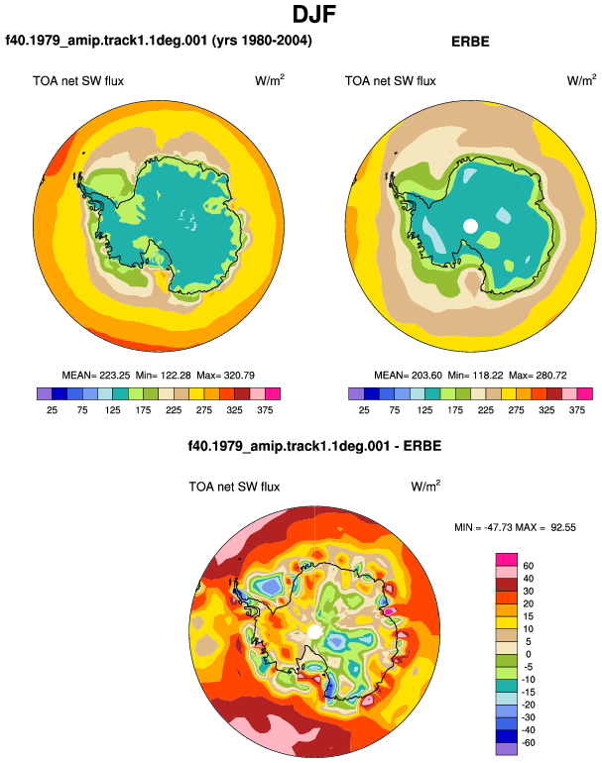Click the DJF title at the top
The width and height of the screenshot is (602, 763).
[314, 15]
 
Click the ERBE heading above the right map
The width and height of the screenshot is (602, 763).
[470, 42]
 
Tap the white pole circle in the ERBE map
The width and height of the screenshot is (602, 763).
[470, 226]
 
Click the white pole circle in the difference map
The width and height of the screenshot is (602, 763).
[314, 632]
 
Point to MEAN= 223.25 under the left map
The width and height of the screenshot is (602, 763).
[96, 376]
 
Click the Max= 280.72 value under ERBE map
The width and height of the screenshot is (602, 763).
[538, 376]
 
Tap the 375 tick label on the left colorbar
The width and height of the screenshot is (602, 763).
[265, 410]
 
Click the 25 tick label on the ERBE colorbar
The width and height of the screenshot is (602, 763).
[364, 410]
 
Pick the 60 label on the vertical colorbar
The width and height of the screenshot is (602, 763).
[528, 566]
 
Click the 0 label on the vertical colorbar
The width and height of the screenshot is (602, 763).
[528, 654]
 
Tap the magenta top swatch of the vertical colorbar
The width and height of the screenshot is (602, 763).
[507, 559]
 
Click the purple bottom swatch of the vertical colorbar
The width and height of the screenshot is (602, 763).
[507, 749]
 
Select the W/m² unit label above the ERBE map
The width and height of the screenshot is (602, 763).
[581, 80]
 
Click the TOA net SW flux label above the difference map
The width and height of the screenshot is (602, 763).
[234, 487]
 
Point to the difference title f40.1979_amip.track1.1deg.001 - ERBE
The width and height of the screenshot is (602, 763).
[314, 446]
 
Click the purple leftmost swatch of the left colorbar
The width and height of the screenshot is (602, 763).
[45, 393]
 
